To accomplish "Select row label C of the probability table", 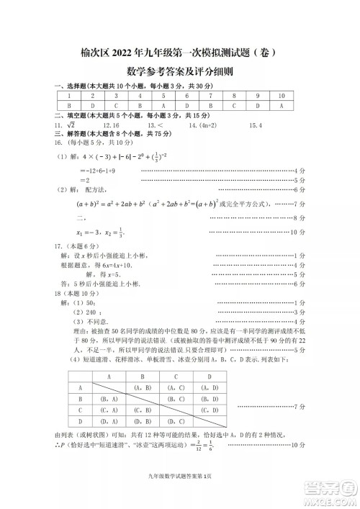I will pyautogui.click(x=80, y=410).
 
